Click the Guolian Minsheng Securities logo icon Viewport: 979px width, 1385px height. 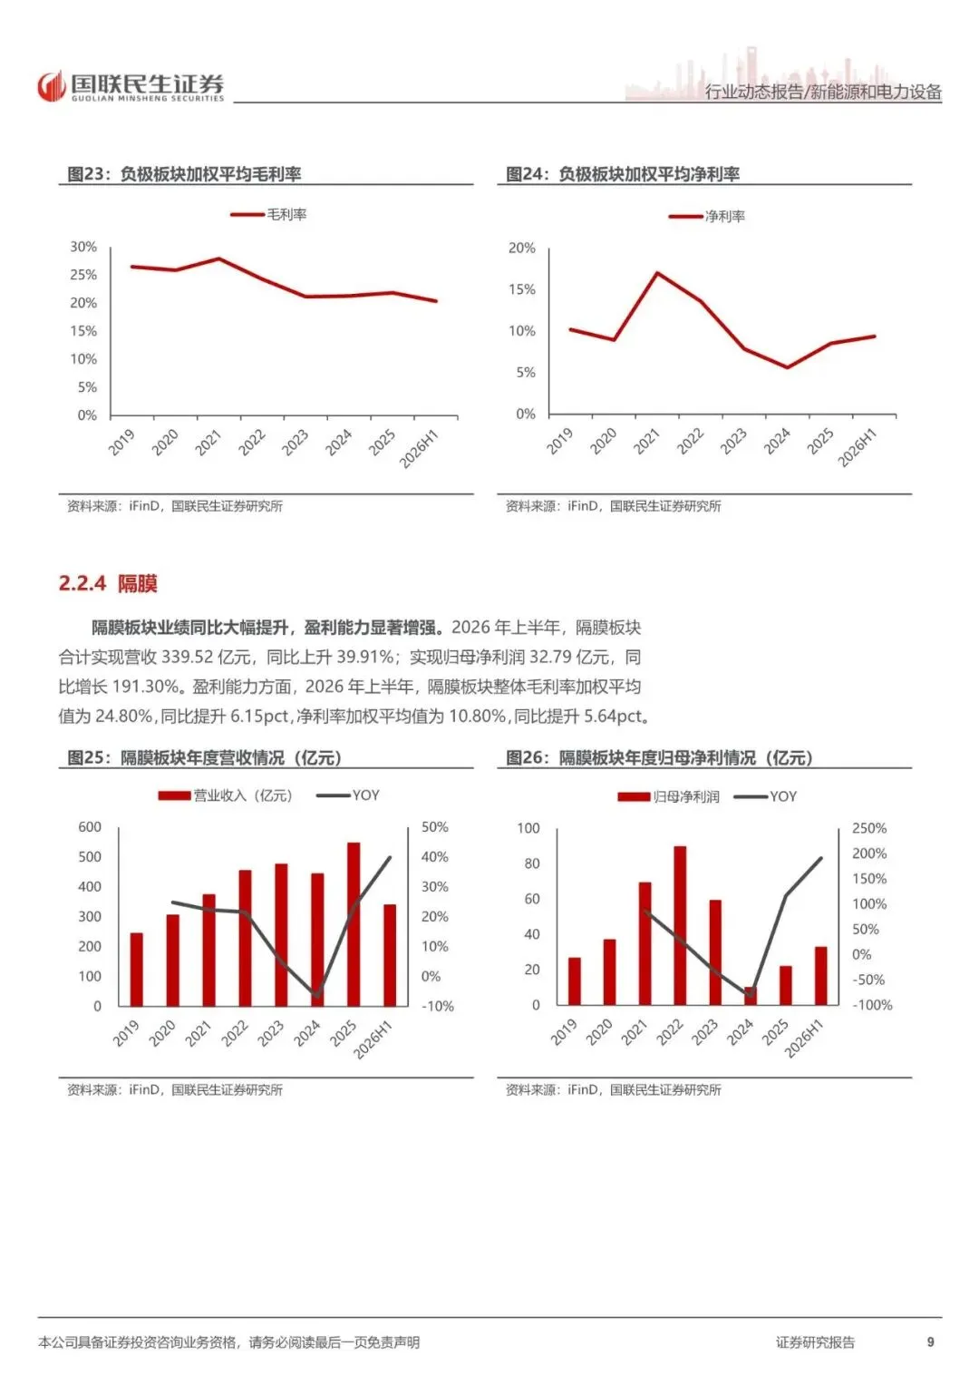tap(52, 86)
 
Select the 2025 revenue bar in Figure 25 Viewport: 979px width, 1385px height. tap(354, 923)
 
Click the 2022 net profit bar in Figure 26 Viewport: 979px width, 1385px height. tap(681, 925)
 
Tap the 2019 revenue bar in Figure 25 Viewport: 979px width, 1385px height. tap(137, 969)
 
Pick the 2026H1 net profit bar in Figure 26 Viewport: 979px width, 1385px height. tap(820, 976)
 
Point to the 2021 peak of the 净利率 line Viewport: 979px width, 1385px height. tap(657, 273)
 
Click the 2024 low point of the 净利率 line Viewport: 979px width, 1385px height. tap(788, 367)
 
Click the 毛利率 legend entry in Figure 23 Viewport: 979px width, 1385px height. tap(268, 215)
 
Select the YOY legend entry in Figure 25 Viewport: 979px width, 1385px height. tap(348, 795)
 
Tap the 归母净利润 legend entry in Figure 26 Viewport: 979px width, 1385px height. tap(669, 796)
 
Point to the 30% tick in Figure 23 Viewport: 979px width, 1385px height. tap(83, 247)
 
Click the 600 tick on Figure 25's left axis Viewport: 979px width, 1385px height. tap(90, 826)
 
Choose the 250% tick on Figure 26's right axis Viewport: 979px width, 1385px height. tap(869, 828)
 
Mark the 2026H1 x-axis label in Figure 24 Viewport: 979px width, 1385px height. tap(858, 448)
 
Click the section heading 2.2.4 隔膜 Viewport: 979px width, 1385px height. tap(108, 583)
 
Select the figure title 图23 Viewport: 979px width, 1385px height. tap(84, 174)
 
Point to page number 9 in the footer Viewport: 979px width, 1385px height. tap(931, 1341)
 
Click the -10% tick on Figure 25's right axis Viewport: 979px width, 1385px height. tap(438, 1006)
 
